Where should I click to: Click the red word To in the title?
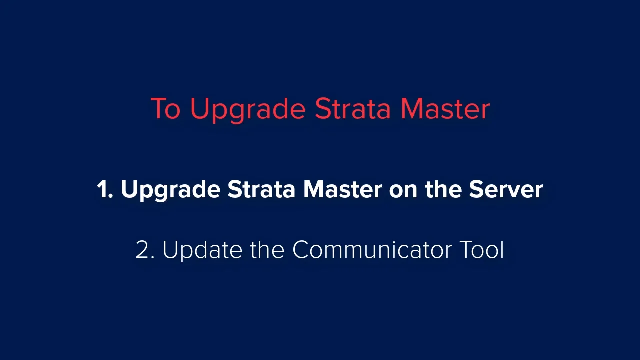tap(165, 108)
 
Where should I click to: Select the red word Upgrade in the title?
tap(248, 110)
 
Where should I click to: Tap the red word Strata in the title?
tap(353, 108)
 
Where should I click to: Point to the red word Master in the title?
tap(445, 108)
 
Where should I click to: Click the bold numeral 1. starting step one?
tap(105, 189)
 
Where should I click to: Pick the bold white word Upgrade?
tap(171, 191)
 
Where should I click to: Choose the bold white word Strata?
tap(261, 189)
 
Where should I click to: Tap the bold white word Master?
tap(342, 189)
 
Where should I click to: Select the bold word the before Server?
tap(443, 189)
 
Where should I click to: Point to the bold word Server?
tap(506, 189)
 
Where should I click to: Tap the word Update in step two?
tap(202, 251)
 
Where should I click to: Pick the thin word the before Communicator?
tap(267, 249)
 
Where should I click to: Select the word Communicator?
tap(372, 249)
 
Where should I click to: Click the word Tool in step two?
tap(482, 249)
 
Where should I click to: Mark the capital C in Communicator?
tap(301, 249)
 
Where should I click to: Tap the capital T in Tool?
tap(466, 249)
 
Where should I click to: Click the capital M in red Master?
tap(411, 108)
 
